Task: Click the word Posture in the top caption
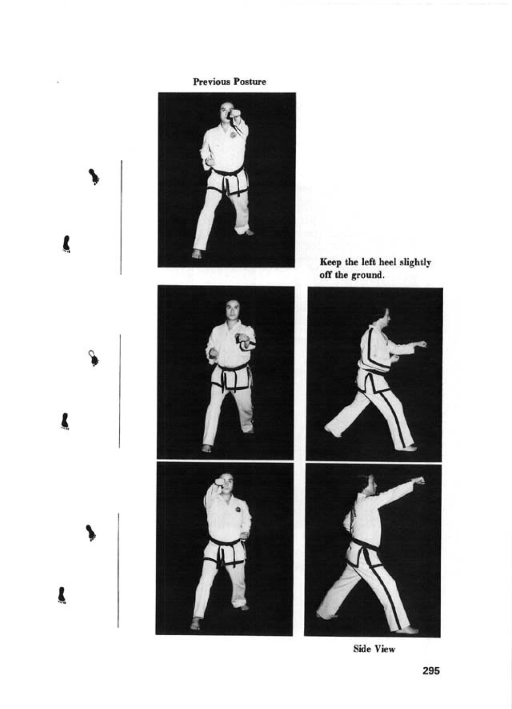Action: [x=250, y=82]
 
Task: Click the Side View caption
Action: [x=374, y=649]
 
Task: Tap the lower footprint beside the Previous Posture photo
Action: [x=66, y=244]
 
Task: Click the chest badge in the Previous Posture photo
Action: [x=233, y=135]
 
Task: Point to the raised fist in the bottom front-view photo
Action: [x=220, y=483]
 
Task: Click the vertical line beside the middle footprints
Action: [x=120, y=391]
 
